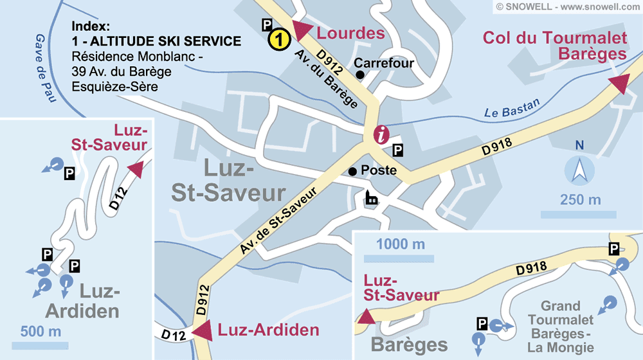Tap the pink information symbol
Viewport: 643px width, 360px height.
(x=382, y=134)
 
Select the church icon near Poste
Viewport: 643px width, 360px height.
(x=372, y=197)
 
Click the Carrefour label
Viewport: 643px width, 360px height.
(x=384, y=64)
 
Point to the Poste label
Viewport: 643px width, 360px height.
(x=379, y=172)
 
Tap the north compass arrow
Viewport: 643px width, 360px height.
(x=579, y=171)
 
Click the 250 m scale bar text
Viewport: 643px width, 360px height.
(x=580, y=200)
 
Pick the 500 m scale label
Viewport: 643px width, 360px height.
(x=41, y=332)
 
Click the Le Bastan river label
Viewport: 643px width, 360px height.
(x=512, y=109)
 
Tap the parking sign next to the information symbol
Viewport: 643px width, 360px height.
(x=398, y=150)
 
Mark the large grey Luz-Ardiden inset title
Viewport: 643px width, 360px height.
(x=82, y=301)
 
